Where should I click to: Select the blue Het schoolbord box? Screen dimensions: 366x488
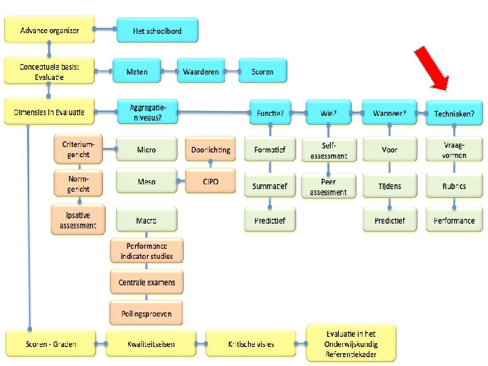pos(157,30)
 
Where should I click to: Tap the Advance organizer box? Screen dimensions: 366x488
pos(49,30)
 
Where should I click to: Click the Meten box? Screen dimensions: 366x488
pos(146,71)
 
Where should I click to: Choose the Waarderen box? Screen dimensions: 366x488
pos(201,71)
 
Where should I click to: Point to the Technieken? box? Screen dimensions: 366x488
pos(453,113)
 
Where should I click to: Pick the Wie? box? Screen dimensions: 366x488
pos(328,113)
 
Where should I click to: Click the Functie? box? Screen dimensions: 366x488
pos(269,113)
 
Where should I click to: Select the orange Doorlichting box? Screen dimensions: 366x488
pos(210,150)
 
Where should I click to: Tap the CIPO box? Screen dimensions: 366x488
pos(210,182)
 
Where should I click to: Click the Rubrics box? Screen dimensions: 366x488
pos(453,186)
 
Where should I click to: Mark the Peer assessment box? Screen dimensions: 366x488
pos(328,186)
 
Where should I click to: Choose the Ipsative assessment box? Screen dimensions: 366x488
pos(78,220)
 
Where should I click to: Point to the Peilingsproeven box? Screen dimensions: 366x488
pos(146,313)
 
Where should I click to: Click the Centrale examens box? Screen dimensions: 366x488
pos(146,282)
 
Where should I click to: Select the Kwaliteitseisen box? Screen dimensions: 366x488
pos(150,344)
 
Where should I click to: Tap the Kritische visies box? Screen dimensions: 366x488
pos(250,344)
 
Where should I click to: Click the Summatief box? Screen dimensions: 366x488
pos(269,186)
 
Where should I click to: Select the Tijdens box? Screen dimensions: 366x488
pos(389,186)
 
